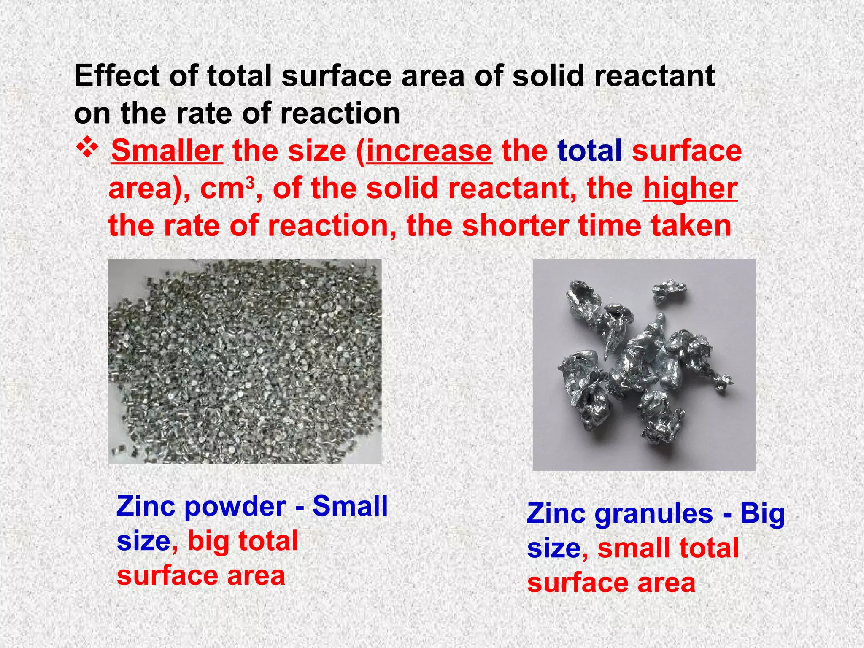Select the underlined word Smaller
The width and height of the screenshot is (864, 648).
click(x=167, y=151)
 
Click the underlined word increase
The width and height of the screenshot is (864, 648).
click(x=429, y=151)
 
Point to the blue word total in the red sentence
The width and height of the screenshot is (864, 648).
click(x=589, y=151)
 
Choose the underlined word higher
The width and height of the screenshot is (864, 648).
click(x=690, y=188)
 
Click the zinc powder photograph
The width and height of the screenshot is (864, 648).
click(x=245, y=362)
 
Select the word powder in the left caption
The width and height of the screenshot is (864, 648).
click(x=235, y=506)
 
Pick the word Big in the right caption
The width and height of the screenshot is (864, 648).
click(x=762, y=514)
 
